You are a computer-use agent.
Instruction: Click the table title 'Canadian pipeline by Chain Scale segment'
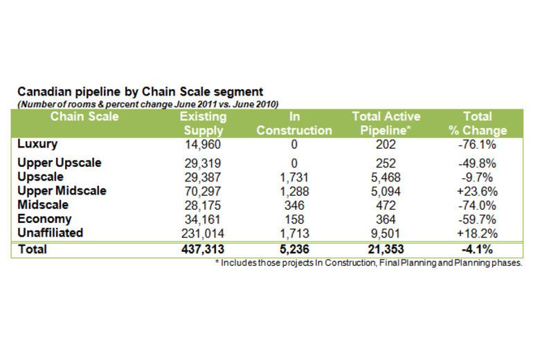coord(140,91)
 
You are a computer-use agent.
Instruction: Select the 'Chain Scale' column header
coord(84,116)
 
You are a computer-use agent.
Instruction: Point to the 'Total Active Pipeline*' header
coord(386,123)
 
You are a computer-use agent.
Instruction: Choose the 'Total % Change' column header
coord(477,123)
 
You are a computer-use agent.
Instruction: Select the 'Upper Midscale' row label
coord(62,190)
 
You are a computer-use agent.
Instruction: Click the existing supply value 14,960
coord(201,145)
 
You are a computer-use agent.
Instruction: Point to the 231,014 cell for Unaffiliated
coord(201,233)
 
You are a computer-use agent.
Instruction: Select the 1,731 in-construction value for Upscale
coord(294,177)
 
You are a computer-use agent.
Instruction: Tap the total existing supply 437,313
coord(201,249)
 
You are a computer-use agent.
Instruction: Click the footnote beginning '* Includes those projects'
coord(368,263)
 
